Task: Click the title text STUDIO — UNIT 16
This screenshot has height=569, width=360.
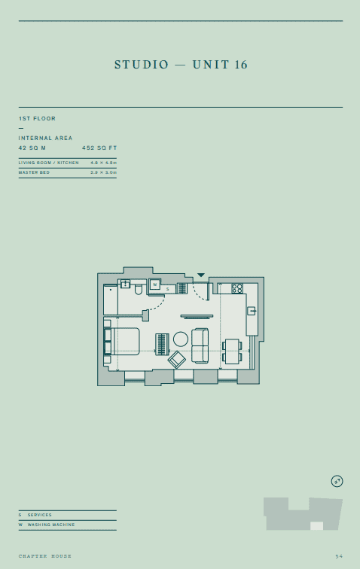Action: tap(181, 65)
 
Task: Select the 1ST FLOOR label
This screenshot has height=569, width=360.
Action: tap(37, 119)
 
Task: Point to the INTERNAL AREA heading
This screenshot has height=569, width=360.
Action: tap(46, 138)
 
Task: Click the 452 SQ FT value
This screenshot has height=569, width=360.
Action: tap(99, 148)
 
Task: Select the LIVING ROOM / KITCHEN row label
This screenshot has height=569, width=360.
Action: tap(48, 163)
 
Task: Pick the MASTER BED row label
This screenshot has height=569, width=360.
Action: tap(34, 172)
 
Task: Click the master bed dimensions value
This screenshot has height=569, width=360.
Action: tap(103, 172)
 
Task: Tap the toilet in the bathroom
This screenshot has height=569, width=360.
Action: tap(139, 288)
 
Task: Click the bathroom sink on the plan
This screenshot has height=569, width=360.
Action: tap(125, 284)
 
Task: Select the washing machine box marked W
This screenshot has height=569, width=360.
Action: tap(154, 284)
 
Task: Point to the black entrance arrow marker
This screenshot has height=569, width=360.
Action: tap(201, 275)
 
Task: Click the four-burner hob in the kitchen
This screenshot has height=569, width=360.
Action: tap(237, 288)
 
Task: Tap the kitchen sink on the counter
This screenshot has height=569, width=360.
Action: tap(252, 311)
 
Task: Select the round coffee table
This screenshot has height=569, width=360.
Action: tap(181, 339)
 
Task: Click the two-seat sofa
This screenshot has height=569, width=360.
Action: tap(200, 345)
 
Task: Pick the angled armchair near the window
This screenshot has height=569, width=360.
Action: tap(177, 360)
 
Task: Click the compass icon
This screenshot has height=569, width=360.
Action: tap(337, 480)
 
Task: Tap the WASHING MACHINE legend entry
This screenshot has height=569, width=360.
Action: tap(50, 525)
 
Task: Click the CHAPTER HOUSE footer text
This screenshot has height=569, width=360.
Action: tap(45, 556)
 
